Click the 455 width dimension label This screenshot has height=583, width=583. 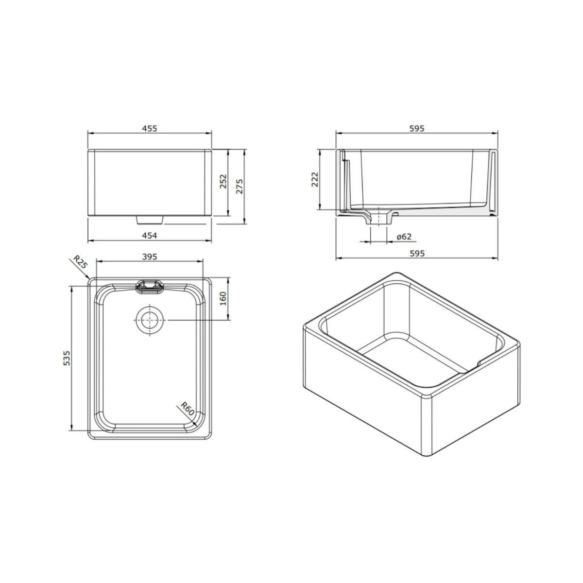[150, 129]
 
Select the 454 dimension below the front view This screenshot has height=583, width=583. [150, 235]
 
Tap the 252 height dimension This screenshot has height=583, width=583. [223, 181]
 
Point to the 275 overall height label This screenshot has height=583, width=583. [240, 187]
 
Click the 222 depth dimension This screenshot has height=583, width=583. [315, 179]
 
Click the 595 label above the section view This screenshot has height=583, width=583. [417, 129]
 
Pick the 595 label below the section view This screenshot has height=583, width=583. [417, 253]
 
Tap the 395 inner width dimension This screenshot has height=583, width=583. [150, 257]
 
